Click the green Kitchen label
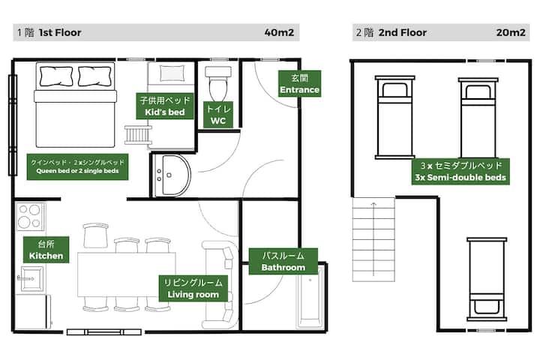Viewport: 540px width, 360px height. click(x=46, y=250)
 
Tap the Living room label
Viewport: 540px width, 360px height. click(x=193, y=288)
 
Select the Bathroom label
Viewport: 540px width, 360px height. click(x=283, y=261)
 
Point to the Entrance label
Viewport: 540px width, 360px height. click(x=299, y=84)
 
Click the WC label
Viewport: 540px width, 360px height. click(x=218, y=115)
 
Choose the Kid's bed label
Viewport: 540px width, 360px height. click(x=165, y=106)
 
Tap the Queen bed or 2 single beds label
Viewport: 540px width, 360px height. click(x=77, y=166)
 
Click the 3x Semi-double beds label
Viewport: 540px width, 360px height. click(x=460, y=172)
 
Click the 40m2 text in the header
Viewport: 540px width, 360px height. click(x=279, y=33)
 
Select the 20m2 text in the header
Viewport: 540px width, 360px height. click(x=511, y=33)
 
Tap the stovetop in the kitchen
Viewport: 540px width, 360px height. click(x=30, y=217)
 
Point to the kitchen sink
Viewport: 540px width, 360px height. click(x=32, y=278)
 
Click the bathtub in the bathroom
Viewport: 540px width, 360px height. click(x=310, y=297)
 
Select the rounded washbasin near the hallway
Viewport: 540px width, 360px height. click(x=172, y=175)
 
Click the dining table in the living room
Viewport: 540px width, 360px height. click(x=127, y=274)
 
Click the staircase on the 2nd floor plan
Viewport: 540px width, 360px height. click(x=373, y=239)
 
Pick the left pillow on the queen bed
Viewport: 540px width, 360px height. click(x=56, y=76)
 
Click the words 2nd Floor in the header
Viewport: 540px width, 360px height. click(x=403, y=33)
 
